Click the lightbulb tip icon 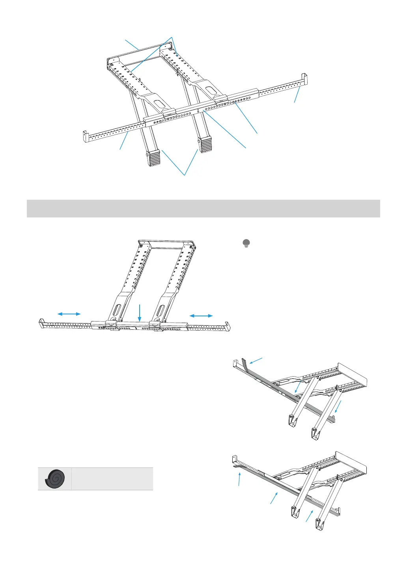pyautogui.click(x=246, y=243)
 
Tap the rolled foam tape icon pyautogui.click(x=55, y=479)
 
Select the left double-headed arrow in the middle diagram pyautogui.click(x=69, y=314)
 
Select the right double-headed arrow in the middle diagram pyautogui.click(x=201, y=316)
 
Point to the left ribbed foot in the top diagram pyautogui.click(x=154, y=158)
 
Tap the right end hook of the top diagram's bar pyautogui.click(x=304, y=77)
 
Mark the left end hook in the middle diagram pyautogui.click(x=41, y=323)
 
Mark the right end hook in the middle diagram pyautogui.click(x=226, y=326)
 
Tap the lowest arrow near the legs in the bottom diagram pyautogui.click(x=310, y=516)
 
